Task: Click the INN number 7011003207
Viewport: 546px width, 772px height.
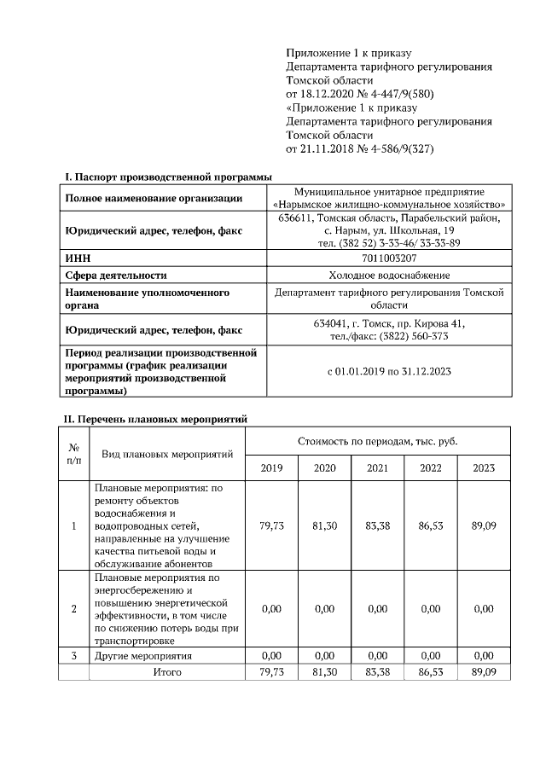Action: (389, 258)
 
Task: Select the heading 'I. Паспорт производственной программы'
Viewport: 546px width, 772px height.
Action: (169, 177)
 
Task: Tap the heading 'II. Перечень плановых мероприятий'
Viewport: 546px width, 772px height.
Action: (156, 419)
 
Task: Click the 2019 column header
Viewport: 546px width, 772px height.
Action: (271, 467)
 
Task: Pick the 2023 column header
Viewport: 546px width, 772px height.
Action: (483, 467)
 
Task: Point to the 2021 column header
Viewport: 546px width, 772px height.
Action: (377, 467)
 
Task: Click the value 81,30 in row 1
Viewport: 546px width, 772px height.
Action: (324, 526)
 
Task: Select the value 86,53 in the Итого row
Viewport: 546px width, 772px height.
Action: (430, 672)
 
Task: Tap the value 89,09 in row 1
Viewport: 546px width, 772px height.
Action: (483, 526)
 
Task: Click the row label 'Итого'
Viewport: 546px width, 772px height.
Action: (167, 672)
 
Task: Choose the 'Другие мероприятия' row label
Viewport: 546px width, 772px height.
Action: (142, 656)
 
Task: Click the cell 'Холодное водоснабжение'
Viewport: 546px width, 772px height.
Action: (389, 275)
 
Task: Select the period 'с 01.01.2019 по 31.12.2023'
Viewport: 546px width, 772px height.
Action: (389, 372)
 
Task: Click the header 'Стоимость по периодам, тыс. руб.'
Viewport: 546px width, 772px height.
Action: (378, 441)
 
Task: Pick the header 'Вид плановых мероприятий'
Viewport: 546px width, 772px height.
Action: (167, 454)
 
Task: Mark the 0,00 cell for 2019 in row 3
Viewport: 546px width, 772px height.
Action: (271, 656)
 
